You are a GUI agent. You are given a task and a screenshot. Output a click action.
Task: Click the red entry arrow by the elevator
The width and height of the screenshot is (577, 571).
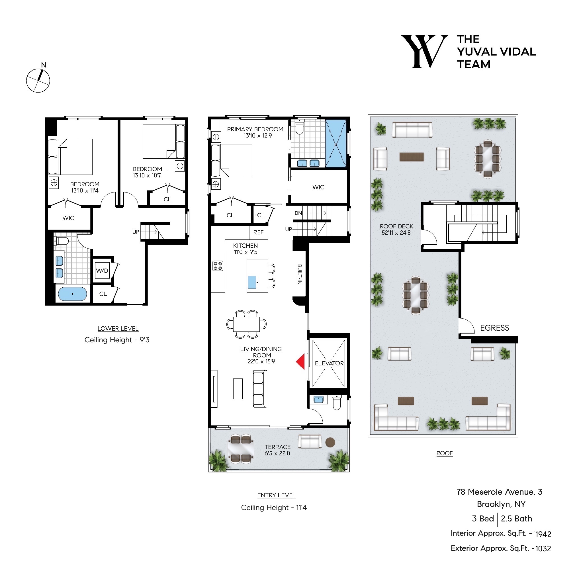pyautogui.click(x=301, y=362)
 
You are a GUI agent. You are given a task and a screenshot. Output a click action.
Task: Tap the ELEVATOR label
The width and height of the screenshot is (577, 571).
pyautogui.click(x=329, y=363)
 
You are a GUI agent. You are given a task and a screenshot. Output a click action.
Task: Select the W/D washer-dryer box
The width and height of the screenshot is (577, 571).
pyautogui.click(x=102, y=271)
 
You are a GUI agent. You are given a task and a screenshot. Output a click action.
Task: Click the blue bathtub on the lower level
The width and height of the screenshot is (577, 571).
pyautogui.click(x=72, y=294)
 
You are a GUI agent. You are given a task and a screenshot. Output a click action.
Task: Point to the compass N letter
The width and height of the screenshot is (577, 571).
pyautogui.click(x=44, y=65)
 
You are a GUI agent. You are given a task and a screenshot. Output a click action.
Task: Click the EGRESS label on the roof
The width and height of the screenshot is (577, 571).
pyautogui.click(x=494, y=328)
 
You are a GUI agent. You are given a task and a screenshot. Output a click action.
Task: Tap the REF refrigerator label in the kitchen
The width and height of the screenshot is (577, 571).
pyautogui.click(x=258, y=232)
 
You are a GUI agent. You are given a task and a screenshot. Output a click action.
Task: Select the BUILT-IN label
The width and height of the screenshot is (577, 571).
pyautogui.click(x=299, y=274)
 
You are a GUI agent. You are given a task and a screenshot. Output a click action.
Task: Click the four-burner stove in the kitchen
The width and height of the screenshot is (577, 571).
pyautogui.click(x=217, y=266)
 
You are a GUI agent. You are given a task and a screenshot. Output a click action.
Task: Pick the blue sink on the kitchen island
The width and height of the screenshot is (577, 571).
pyautogui.click(x=252, y=282)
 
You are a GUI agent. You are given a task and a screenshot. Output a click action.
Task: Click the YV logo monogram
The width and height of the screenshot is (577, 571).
pyautogui.click(x=424, y=52)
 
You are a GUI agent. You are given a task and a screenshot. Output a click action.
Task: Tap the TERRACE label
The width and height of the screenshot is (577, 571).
pyautogui.click(x=277, y=447)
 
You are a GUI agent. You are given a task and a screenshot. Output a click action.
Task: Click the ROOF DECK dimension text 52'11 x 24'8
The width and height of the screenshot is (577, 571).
pyautogui.click(x=396, y=233)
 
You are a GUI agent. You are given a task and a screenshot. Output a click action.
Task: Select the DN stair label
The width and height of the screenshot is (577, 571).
pyautogui.click(x=298, y=213)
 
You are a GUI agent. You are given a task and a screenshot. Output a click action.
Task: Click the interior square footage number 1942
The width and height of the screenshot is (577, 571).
pyautogui.click(x=543, y=534)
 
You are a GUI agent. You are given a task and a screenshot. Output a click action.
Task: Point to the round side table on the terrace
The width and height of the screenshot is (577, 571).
pyautogui.click(x=330, y=442)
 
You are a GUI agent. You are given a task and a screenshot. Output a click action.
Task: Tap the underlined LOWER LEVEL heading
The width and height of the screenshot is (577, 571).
pyautogui.click(x=118, y=329)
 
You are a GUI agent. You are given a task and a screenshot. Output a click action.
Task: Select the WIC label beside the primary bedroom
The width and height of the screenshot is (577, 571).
pyautogui.click(x=318, y=187)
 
